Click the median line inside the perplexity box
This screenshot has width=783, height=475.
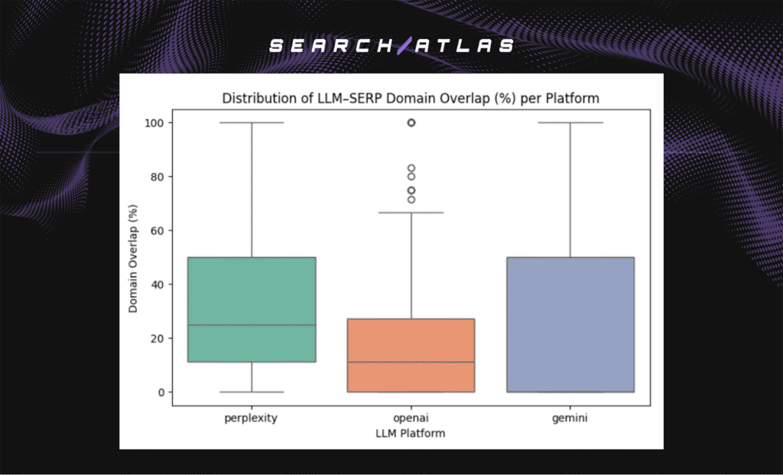252,325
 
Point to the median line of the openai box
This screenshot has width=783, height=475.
411,362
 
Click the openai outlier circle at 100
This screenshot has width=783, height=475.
411,122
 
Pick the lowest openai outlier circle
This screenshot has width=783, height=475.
411,200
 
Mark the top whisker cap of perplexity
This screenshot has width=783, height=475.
252,122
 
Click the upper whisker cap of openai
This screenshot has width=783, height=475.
411,213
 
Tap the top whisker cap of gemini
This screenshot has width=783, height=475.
570,122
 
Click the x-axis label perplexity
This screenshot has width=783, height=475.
252,419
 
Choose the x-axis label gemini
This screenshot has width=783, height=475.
570,419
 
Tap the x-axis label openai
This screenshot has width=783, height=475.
411,419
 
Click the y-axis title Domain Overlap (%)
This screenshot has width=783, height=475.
134,257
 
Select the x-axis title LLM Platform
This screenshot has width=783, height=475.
411,434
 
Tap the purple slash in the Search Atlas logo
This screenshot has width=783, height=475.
404,46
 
